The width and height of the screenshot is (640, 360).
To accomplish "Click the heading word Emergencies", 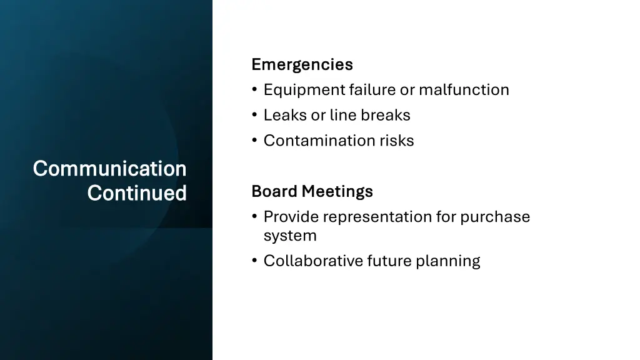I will click(x=302, y=64).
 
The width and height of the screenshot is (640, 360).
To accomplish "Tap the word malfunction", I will click(x=464, y=90).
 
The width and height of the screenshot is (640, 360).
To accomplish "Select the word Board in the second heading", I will click(x=274, y=191).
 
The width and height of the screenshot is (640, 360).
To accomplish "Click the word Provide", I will click(x=291, y=217).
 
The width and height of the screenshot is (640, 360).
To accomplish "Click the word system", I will click(x=290, y=236).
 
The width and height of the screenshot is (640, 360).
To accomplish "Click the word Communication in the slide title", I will click(x=109, y=168).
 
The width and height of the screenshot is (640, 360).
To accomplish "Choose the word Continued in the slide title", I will click(x=137, y=193).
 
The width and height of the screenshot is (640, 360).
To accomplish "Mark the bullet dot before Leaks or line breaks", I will click(x=254, y=116).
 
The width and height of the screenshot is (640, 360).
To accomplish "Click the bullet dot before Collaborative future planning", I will click(x=254, y=261).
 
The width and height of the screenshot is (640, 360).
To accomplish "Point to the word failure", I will click(x=372, y=90).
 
